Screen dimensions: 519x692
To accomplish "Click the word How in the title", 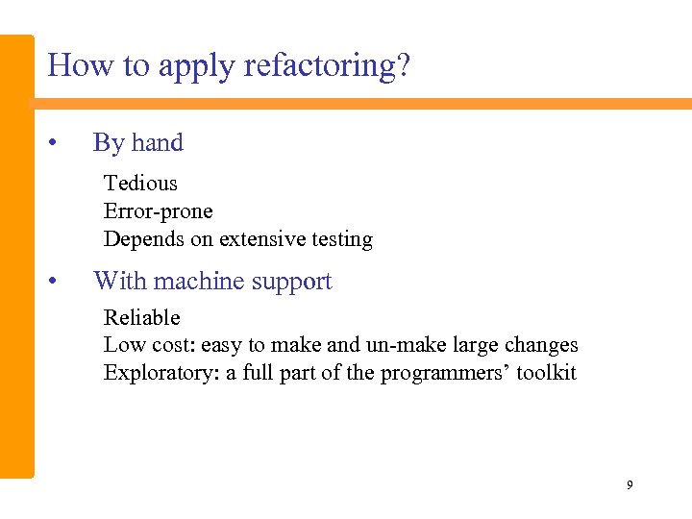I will (73, 65).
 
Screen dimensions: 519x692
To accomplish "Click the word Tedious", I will (140, 183).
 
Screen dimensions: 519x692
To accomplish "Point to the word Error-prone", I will (158, 211).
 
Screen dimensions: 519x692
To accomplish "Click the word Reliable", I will (141, 317).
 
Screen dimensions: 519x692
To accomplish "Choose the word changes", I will (544, 344).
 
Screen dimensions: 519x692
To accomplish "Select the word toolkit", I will (546, 373).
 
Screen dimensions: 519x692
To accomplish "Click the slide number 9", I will (630, 485).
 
